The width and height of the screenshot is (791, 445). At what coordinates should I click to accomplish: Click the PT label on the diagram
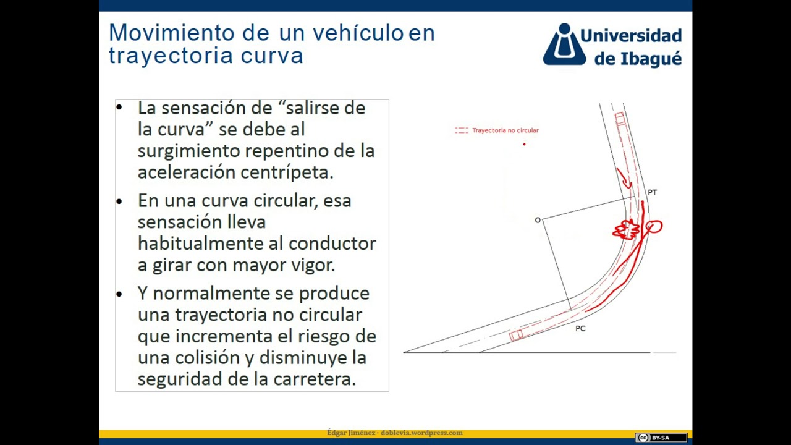(652, 193)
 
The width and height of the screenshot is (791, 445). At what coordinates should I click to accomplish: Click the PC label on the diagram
(580, 329)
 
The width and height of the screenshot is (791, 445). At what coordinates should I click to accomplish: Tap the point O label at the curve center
(538, 220)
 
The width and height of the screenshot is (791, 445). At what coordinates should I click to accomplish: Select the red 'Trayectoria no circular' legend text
(505, 130)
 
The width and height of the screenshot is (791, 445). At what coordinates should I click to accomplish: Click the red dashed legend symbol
(461, 130)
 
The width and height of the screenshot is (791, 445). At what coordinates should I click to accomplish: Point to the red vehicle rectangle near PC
(516, 335)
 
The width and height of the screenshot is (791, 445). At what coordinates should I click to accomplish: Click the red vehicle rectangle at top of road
(620, 119)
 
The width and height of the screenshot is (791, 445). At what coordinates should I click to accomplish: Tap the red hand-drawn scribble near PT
(625, 229)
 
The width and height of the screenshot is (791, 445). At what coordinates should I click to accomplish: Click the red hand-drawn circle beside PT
(654, 227)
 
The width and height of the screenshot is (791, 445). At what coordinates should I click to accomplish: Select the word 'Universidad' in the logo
(630, 35)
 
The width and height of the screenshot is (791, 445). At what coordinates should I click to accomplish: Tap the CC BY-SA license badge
(661, 438)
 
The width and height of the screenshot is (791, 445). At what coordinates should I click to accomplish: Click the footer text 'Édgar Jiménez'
(351, 433)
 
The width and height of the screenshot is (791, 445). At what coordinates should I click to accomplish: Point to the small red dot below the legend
(524, 144)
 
